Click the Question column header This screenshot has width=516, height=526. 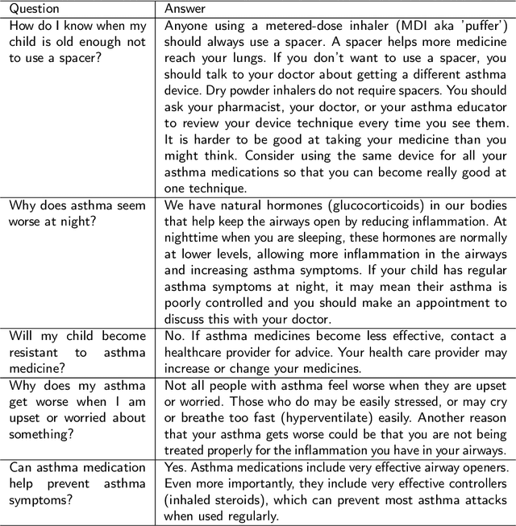(33, 10)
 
